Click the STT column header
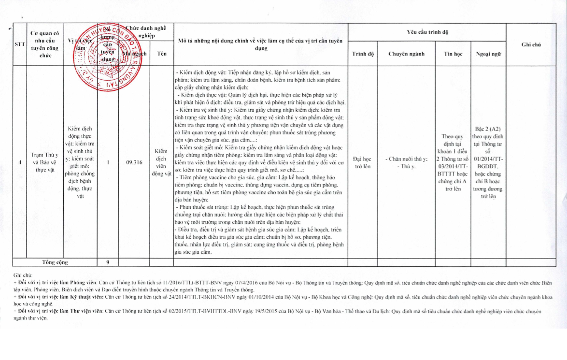tap(20, 44)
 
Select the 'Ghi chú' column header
tap(531, 44)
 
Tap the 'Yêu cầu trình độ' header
tap(427, 32)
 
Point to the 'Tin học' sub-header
tap(453, 54)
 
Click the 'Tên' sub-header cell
tap(162, 54)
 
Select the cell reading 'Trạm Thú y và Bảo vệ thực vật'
tap(44, 162)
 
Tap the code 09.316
tap(134, 162)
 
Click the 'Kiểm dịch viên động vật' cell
tap(162, 162)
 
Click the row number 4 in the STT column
tap(20, 162)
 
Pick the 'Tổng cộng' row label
tap(55, 262)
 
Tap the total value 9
tap(108, 262)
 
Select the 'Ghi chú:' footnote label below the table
tap(23, 274)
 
